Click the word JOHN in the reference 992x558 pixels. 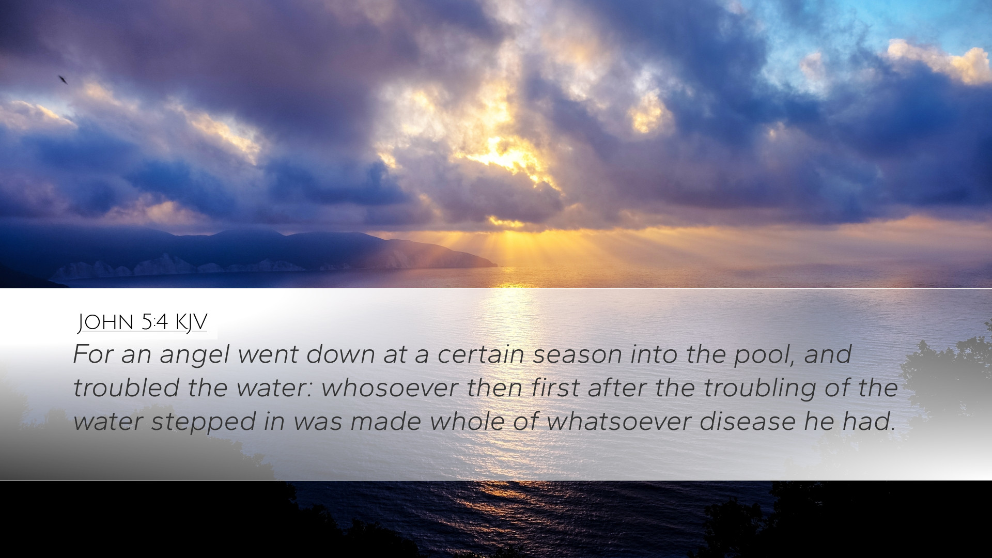105,322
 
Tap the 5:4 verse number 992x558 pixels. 154,322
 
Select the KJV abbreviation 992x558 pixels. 191,322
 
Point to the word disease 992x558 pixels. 747,422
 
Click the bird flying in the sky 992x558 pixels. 63,80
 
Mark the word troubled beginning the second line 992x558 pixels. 126,388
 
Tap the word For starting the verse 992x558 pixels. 93,354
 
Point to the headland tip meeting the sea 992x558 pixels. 496,266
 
